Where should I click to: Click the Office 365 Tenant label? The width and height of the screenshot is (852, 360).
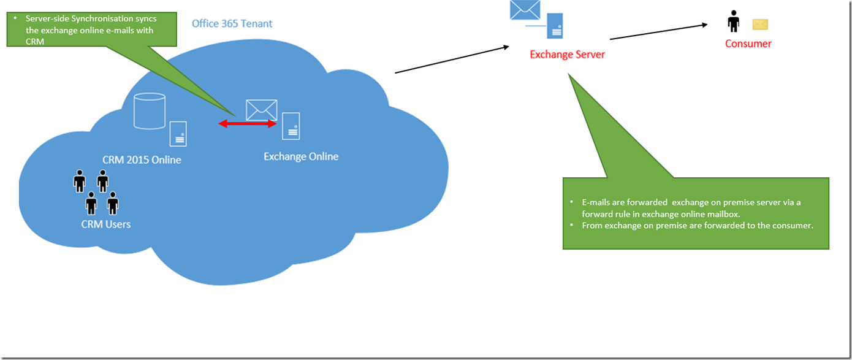(232, 24)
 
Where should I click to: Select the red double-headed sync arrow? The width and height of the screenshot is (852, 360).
(248, 124)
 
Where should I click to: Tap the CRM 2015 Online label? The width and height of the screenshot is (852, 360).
(142, 160)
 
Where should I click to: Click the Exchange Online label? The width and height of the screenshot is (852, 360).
(300, 156)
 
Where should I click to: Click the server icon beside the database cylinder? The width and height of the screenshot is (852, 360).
(178, 133)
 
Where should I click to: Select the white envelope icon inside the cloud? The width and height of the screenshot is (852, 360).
(261, 110)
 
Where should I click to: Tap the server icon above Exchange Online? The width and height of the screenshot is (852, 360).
(291, 126)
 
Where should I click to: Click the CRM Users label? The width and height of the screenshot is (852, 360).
(105, 224)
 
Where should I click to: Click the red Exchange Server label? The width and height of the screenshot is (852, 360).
(567, 55)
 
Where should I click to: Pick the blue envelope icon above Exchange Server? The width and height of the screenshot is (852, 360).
(525, 10)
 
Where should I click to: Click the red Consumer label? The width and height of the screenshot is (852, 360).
(748, 44)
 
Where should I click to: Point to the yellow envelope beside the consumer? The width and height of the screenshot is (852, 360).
(760, 25)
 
